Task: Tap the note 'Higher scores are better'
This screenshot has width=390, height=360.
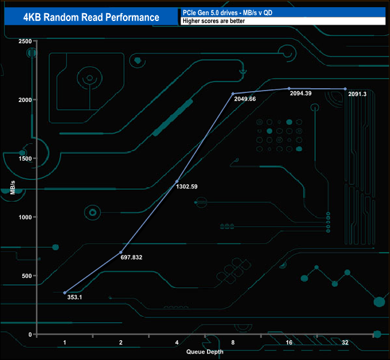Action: point(215,22)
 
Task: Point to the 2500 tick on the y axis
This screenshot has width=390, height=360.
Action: point(24,41)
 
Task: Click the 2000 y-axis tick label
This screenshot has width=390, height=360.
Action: point(24,100)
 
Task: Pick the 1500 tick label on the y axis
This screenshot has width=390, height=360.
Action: point(24,158)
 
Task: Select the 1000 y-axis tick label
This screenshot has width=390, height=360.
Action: point(24,217)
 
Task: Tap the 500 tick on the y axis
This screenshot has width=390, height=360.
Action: point(26,276)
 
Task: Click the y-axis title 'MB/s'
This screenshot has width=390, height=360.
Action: point(13,187)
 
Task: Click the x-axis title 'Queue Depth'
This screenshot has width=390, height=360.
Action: point(205,352)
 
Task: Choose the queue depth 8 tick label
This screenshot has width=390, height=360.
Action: point(233,343)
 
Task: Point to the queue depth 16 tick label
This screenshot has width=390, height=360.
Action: point(289,343)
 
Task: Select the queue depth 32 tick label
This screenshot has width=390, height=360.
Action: point(345,343)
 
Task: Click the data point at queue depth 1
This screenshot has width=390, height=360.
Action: point(65,293)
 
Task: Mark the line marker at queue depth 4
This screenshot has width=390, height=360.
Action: point(177,181)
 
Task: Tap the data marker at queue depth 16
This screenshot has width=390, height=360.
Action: point(289,88)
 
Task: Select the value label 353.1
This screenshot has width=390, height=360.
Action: point(75,298)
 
